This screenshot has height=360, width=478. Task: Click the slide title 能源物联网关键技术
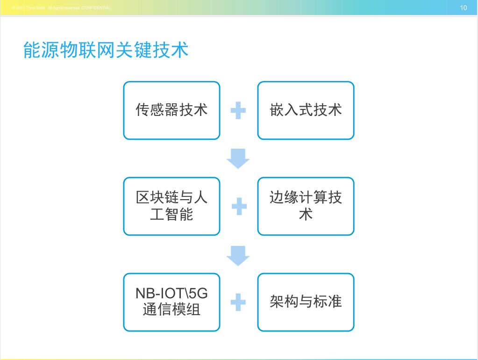106,50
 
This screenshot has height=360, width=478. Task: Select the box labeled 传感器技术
171,110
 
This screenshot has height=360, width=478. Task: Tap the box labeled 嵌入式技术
306,110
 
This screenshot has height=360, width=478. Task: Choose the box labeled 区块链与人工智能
171,206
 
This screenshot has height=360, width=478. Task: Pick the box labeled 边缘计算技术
306,206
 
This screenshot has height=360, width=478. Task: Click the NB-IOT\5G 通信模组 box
171,302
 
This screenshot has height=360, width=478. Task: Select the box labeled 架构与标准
306,302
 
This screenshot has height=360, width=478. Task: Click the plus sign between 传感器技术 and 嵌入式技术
238,111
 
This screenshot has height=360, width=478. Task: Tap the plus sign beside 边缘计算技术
239,206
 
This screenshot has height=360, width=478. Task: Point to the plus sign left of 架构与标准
238,302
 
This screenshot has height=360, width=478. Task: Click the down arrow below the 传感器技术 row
238,158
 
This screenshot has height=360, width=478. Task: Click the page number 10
464,7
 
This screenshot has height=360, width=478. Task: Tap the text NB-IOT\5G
171,294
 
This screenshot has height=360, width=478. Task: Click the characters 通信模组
171,310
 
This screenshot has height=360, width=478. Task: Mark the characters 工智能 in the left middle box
171,215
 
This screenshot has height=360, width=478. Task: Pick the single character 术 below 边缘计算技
306,215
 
